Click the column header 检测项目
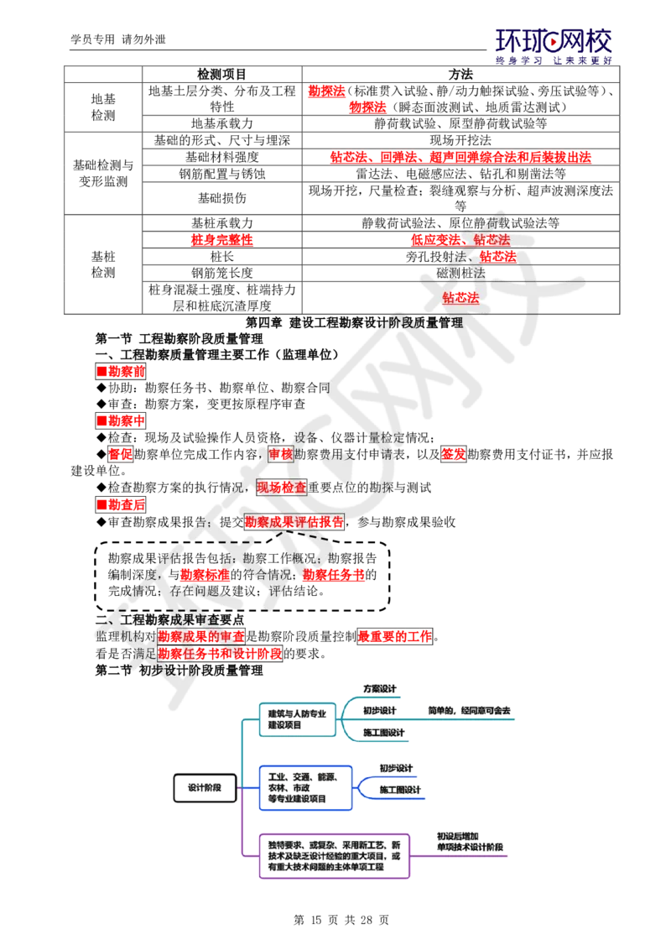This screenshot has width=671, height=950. (x=221, y=75)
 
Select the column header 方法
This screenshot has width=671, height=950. (x=460, y=75)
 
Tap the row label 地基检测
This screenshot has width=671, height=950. (x=103, y=107)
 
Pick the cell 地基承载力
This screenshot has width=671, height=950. (x=221, y=123)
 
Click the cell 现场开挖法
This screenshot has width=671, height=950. (x=460, y=140)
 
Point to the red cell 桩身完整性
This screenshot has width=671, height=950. (x=221, y=240)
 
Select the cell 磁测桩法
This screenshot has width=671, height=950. (x=460, y=274)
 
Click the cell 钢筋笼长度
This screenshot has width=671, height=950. (x=221, y=274)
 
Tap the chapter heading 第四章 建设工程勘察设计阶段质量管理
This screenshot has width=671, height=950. (x=354, y=323)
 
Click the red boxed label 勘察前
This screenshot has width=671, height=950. (x=121, y=372)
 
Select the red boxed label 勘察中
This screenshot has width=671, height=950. (x=121, y=421)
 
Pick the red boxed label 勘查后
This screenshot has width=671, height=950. (x=121, y=504)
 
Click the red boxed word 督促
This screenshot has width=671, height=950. (x=120, y=454)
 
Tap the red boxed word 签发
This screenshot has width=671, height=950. (x=453, y=454)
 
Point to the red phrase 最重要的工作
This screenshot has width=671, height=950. (x=395, y=637)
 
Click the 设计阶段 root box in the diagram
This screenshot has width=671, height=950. (x=205, y=788)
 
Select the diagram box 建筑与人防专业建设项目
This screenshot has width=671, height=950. (x=298, y=719)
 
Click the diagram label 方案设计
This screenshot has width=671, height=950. (x=380, y=689)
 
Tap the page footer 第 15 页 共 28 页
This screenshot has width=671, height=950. (x=341, y=921)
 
